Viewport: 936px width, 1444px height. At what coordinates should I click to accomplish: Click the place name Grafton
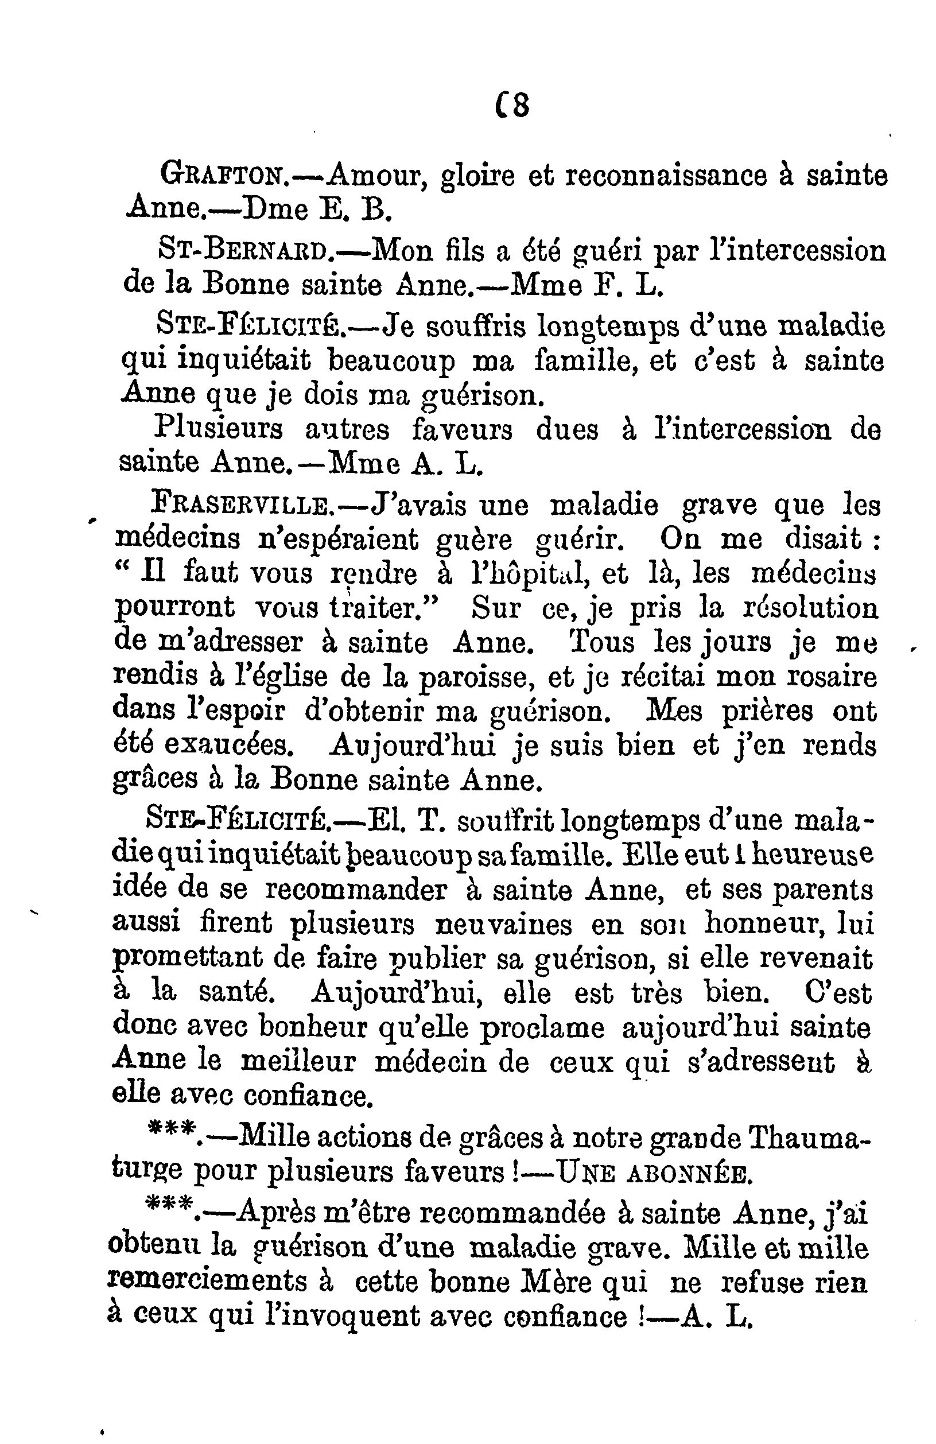point(222,176)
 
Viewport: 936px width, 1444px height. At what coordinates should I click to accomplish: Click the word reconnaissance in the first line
point(666,176)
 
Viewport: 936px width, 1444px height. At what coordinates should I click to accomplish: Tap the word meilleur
point(298,1062)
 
